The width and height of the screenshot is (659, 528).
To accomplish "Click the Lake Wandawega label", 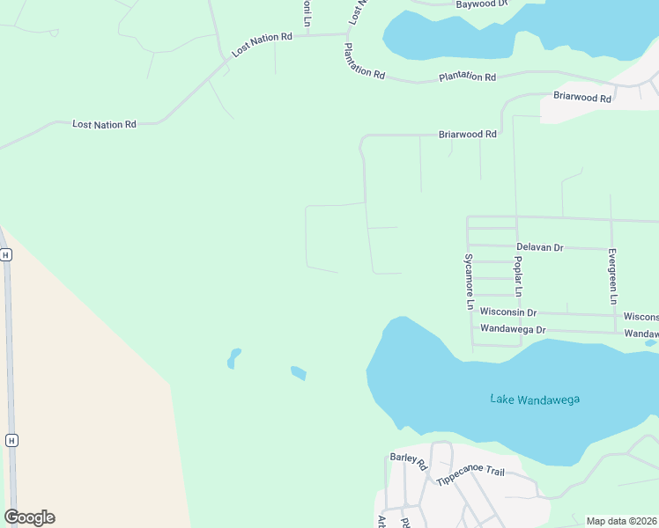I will [535, 400].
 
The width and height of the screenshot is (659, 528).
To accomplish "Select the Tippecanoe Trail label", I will [470, 476].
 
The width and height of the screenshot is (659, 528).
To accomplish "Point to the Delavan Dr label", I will [539, 247].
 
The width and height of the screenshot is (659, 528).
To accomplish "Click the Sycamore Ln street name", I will [470, 282].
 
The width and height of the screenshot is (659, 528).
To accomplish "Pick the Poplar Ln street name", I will [519, 278].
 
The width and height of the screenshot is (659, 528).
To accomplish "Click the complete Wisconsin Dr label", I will [508, 312].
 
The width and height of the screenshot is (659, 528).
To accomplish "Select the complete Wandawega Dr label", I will [513, 330].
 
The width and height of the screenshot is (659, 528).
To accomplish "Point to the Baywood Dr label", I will [483, 4].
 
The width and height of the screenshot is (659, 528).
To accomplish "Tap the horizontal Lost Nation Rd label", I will [104, 125].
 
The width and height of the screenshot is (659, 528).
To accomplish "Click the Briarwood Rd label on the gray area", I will [582, 98].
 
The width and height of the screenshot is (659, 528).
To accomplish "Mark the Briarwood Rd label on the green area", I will [468, 135].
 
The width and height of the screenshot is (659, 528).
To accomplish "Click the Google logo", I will [29, 517].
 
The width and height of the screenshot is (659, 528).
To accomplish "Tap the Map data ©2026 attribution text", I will [622, 521].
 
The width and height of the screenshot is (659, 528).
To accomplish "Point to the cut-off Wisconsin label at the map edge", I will [640, 317].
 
